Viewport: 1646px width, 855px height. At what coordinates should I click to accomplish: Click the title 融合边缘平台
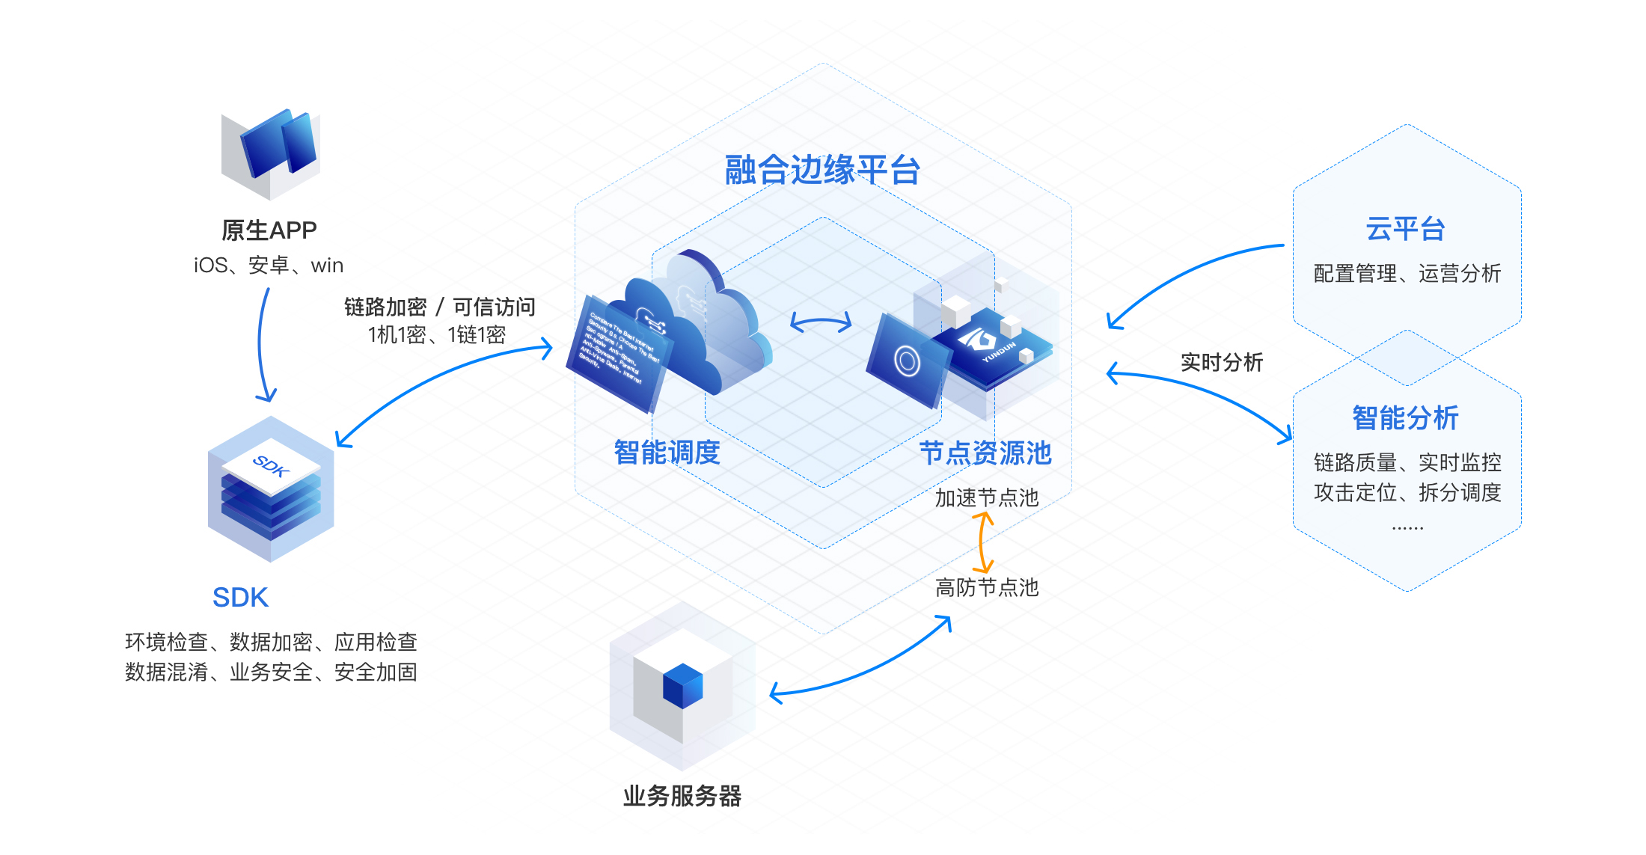pyautogui.click(x=822, y=171)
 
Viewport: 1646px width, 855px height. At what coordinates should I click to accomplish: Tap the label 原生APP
pyautogui.click(x=269, y=230)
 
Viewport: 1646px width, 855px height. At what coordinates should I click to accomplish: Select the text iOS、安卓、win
pyautogui.click(x=269, y=266)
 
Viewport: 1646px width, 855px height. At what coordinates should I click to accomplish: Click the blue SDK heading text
pyautogui.click(x=240, y=598)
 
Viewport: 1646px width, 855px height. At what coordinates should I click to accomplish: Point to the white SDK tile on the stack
pyautogui.click(x=271, y=466)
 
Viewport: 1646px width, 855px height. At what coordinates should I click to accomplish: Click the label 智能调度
pyautogui.click(x=667, y=453)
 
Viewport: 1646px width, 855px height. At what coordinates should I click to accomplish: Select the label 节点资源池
pyautogui.click(x=985, y=453)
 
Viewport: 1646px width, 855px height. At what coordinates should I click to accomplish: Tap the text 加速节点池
pyautogui.click(x=987, y=498)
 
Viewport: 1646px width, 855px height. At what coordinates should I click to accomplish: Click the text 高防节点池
pyautogui.click(x=987, y=588)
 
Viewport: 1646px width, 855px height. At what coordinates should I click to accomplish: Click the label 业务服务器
pyautogui.click(x=682, y=796)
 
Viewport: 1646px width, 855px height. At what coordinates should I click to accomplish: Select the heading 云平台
pyautogui.click(x=1406, y=229)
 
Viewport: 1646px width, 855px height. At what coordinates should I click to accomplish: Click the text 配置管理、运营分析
pyautogui.click(x=1407, y=274)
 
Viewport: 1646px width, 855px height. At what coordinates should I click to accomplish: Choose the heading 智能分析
pyautogui.click(x=1406, y=418)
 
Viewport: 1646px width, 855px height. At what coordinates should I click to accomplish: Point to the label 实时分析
pyautogui.click(x=1222, y=363)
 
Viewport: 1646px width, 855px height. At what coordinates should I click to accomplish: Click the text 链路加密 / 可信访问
pyautogui.click(x=439, y=307)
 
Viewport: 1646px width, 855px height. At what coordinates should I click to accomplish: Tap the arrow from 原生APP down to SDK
pyautogui.click(x=261, y=344)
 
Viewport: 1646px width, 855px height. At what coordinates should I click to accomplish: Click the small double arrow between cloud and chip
pyautogui.click(x=821, y=322)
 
